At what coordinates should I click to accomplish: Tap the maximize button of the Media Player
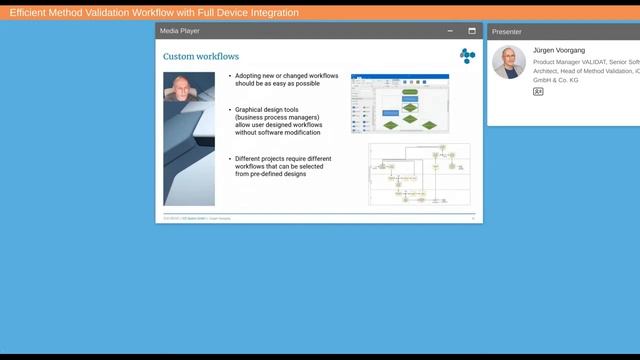472,31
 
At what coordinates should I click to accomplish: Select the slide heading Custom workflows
201,57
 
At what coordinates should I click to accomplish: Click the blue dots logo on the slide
467,56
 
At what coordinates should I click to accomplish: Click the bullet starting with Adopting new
284,80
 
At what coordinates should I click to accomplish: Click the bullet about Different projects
284,159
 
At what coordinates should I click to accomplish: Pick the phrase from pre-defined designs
270,174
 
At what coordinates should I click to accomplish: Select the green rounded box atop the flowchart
409,91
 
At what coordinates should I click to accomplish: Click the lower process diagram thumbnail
418,174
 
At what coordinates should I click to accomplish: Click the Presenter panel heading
507,31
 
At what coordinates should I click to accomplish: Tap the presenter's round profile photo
509,62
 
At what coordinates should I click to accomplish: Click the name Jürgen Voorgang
559,50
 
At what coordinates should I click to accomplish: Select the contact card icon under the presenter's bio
538,91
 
